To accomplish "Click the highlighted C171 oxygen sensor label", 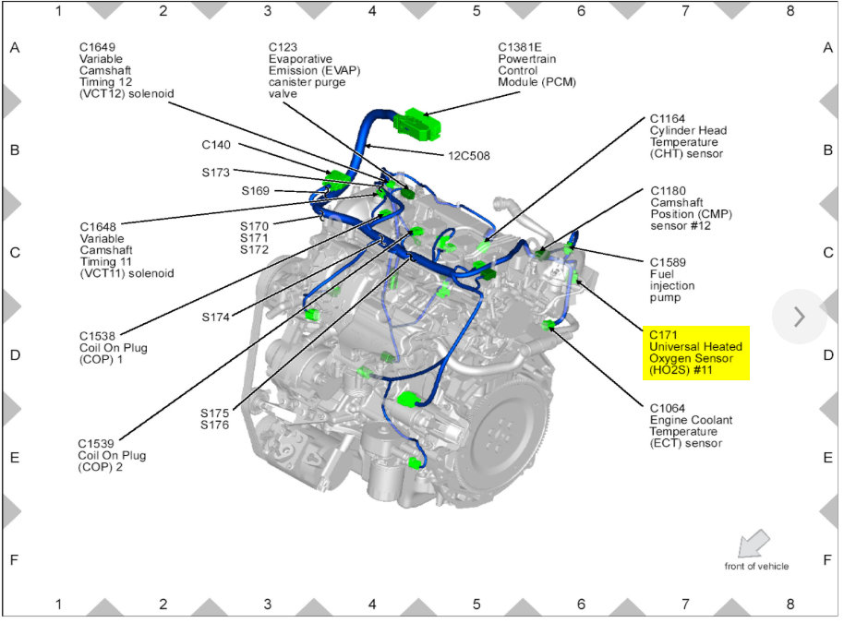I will tap(694, 353).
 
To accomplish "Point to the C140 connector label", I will tap(218, 145).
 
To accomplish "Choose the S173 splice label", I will tap(218, 172).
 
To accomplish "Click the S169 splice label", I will tap(256, 191).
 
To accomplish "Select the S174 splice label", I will tap(216, 317).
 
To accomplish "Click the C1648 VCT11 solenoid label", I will tap(126, 250).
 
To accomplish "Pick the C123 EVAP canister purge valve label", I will tap(307, 70).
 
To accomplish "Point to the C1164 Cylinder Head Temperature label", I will tap(687, 137).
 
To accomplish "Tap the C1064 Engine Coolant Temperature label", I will tap(691, 425).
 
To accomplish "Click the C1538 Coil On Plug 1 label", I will tap(114, 347).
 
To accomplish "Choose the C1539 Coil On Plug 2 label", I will tap(114, 455).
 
